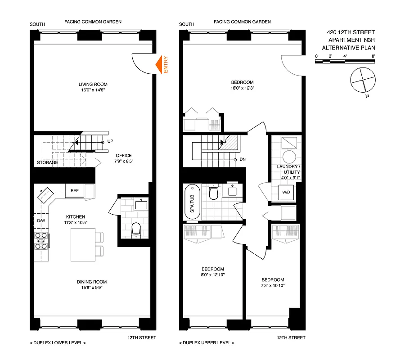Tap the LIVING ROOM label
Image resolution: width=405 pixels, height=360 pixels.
(x=93, y=84)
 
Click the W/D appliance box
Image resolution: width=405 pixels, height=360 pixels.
(x=286, y=192)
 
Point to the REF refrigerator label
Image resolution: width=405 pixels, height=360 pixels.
(x=75, y=191)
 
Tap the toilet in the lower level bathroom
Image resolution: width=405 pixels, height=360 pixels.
(x=135, y=230)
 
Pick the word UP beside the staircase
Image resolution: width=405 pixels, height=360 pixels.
(x=110, y=142)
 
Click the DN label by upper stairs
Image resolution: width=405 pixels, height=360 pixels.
(x=243, y=160)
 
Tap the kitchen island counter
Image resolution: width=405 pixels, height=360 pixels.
(x=83, y=244)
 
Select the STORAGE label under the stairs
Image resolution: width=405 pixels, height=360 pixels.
(x=47, y=162)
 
